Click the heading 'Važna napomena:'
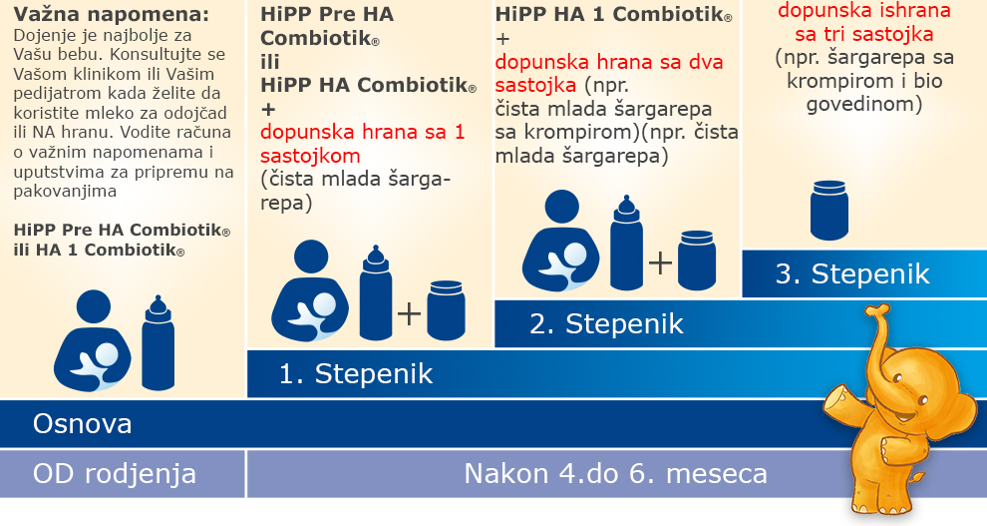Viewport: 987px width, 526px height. [112, 15]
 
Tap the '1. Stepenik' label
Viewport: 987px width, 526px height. [356, 374]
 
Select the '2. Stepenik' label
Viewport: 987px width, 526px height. [606, 323]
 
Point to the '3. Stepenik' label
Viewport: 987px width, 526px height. [852, 274]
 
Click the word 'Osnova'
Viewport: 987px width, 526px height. [83, 424]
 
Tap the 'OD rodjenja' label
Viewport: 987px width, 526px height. [115, 474]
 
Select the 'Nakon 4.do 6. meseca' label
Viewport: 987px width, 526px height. [615, 474]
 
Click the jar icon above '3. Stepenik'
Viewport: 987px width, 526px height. [829, 210]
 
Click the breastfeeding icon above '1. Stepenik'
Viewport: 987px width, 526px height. [310, 291]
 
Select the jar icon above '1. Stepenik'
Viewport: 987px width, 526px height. [447, 310]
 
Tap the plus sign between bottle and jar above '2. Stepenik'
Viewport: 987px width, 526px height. [660, 263]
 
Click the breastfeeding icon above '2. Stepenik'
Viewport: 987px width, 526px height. [561, 241]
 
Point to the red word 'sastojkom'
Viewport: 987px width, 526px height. [310, 156]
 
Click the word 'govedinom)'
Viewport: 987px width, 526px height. [864, 104]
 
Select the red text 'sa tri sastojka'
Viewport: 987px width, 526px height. [864, 34]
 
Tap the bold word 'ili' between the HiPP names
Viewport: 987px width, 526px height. [270, 62]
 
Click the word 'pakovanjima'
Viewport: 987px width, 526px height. [65, 192]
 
